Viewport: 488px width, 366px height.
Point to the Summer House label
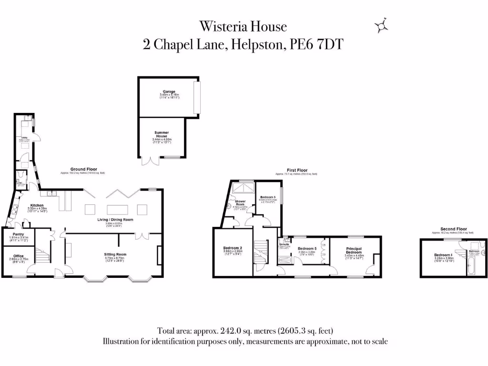pyautogui.click(x=162, y=134)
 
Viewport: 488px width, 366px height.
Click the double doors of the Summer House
pyautogui.click(x=149, y=161)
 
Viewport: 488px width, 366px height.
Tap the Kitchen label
pyautogui.click(x=37, y=205)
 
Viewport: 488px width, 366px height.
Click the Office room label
pyautogui.click(x=19, y=256)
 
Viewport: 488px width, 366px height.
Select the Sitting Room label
pyautogui.click(x=115, y=254)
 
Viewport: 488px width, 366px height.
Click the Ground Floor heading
pyautogui.click(x=84, y=169)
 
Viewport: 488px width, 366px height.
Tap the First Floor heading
pyautogui.click(x=297, y=170)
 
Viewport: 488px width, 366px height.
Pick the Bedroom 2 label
pyautogui.click(x=233, y=248)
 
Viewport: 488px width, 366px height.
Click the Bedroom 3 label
pyautogui.click(x=268, y=197)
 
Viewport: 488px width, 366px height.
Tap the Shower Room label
pyautogui.click(x=240, y=203)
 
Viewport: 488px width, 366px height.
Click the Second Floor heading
pyautogui.click(x=453, y=229)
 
